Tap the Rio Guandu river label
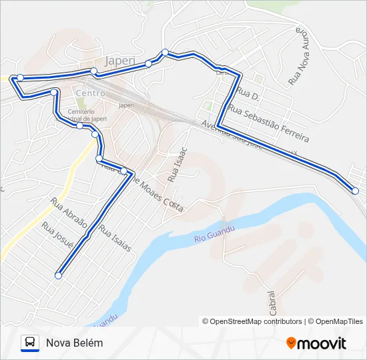(x=215, y=233)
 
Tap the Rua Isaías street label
(x=115, y=237)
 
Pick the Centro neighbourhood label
(x=89, y=93)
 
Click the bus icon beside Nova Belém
(x=30, y=343)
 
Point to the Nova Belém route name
(x=75, y=343)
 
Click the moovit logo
(x=316, y=343)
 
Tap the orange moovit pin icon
(x=292, y=343)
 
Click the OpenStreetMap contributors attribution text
(x=256, y=321)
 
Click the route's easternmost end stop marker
(x=355, y=191)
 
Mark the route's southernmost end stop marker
(x=59, y=275)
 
